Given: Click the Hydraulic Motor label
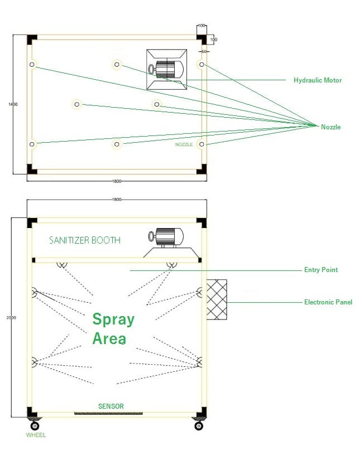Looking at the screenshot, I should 317,80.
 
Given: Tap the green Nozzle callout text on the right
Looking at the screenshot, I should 330,127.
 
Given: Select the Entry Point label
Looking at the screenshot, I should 320,270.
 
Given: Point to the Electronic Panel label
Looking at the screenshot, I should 328,302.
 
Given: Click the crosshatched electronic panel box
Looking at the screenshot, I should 217,299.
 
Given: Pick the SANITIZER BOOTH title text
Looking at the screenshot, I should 85,240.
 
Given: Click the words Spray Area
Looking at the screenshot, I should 113,328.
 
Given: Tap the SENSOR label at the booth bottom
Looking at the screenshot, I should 111,406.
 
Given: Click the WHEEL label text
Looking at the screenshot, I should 36,435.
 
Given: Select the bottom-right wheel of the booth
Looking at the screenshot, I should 198,425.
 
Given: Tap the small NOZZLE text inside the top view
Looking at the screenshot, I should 184,144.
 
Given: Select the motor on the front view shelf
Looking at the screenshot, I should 169,238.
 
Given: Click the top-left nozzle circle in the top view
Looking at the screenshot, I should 32,65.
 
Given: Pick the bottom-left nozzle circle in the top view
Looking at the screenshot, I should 32,144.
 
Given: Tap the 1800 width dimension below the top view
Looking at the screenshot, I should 117,181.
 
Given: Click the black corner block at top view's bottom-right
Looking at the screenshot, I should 201,169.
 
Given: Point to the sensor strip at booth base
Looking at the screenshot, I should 108,414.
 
